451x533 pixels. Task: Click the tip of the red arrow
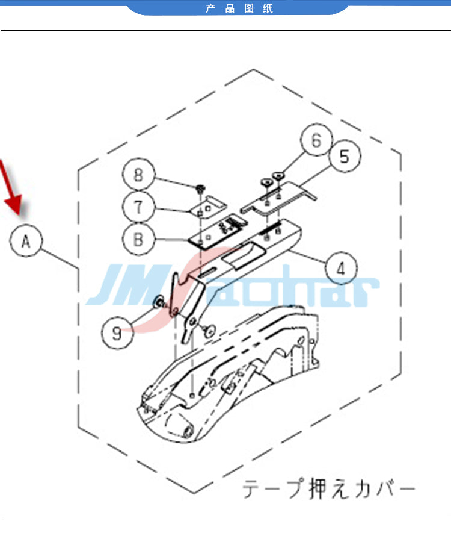[x=20, y=215]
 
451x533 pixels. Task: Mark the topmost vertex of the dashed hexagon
[x=254, y=70]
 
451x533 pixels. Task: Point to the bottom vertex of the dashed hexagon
[x=194, y=493]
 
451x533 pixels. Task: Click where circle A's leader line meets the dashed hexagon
[x=79, y=269]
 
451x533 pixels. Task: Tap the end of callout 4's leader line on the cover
[x=291, y=251]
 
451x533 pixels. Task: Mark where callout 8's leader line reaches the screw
[x=197, y=186]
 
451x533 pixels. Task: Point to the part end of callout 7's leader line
[x=192, y=211]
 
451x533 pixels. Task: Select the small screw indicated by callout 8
[x=200, y=188]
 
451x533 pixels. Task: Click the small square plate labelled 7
[x=207, y=207]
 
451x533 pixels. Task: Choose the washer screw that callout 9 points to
[x=159, y=302]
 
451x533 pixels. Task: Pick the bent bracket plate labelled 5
[x=278, y=198]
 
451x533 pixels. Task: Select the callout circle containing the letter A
[x=26, y=240]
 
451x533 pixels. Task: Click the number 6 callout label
[x=316, y=140]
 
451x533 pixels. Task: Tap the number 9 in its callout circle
[x=117, y=333]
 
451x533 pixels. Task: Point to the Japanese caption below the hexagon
[x=328, y=489]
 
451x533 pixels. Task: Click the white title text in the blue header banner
[x=239, y=8]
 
